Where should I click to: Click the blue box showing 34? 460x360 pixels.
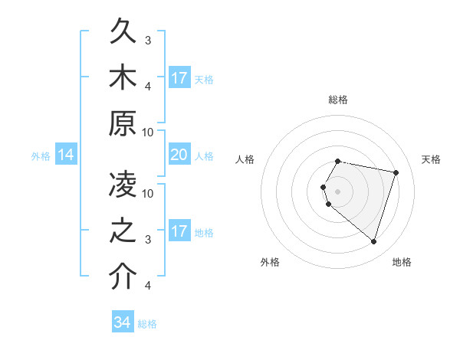(122, 322)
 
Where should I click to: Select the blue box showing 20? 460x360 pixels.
(179, 155)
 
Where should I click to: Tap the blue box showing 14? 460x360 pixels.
(66, 155)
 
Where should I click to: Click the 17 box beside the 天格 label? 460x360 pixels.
(179, 78)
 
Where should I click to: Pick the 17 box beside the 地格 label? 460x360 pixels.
(179, 231)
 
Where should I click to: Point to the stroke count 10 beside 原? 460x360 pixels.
(149, 132)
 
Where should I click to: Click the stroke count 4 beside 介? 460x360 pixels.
(149, 286)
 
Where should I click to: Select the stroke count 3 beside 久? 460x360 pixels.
(148, 40)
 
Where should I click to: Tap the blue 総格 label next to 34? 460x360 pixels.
(147, 324)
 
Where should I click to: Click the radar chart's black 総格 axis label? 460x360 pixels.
(338, 100)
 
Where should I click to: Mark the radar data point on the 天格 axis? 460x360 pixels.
(396, 172)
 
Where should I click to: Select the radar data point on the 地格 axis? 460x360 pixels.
(374, 241)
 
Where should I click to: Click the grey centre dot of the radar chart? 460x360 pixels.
(338, 191)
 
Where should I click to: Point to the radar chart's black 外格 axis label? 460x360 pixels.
(270, 262)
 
